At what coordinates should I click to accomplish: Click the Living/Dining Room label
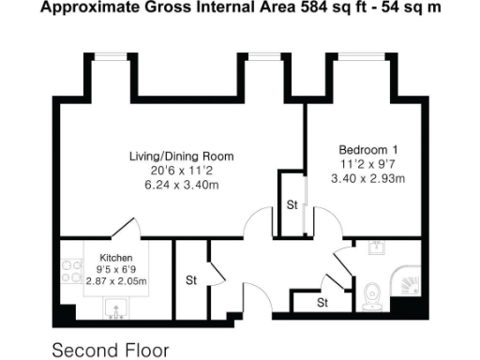tap(181, 156)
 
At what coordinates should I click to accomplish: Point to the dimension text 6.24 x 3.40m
tap(181, 185)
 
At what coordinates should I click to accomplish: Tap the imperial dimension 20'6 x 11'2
tap(181, 171)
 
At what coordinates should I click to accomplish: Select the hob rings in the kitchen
tap(70, 271)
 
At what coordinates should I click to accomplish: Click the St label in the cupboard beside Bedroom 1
tap(292, 204)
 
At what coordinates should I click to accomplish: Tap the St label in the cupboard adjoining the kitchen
tap(190, 279)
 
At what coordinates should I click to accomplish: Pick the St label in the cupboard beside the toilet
tap(322, 303)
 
